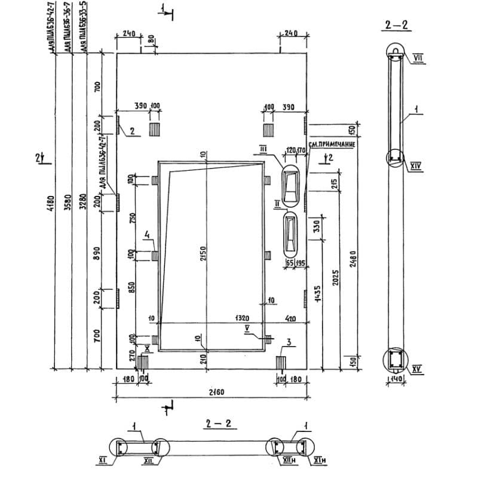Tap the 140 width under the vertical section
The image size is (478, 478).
pyautogui.click(x=395, y=379)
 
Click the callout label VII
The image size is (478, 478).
pyautogui.click(x=417, y=57)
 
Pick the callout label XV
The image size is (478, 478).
pyautogui.click(x=416, y=369)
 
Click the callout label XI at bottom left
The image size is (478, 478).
pyautogui.click(x=102, y=461)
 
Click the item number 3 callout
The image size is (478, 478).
pyautogui.click(x=289, y=342)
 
